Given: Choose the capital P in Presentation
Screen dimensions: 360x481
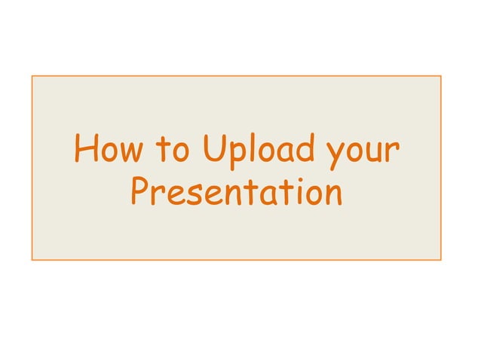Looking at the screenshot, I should click(139, 192).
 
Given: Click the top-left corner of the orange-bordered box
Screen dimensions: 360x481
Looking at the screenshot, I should click(32, 75).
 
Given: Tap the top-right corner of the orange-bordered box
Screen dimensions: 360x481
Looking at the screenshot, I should click(441, 75).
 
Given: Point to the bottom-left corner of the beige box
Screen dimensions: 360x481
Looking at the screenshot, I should click(32, 261).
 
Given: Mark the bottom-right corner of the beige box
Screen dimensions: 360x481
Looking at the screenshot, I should click(441, 261).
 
